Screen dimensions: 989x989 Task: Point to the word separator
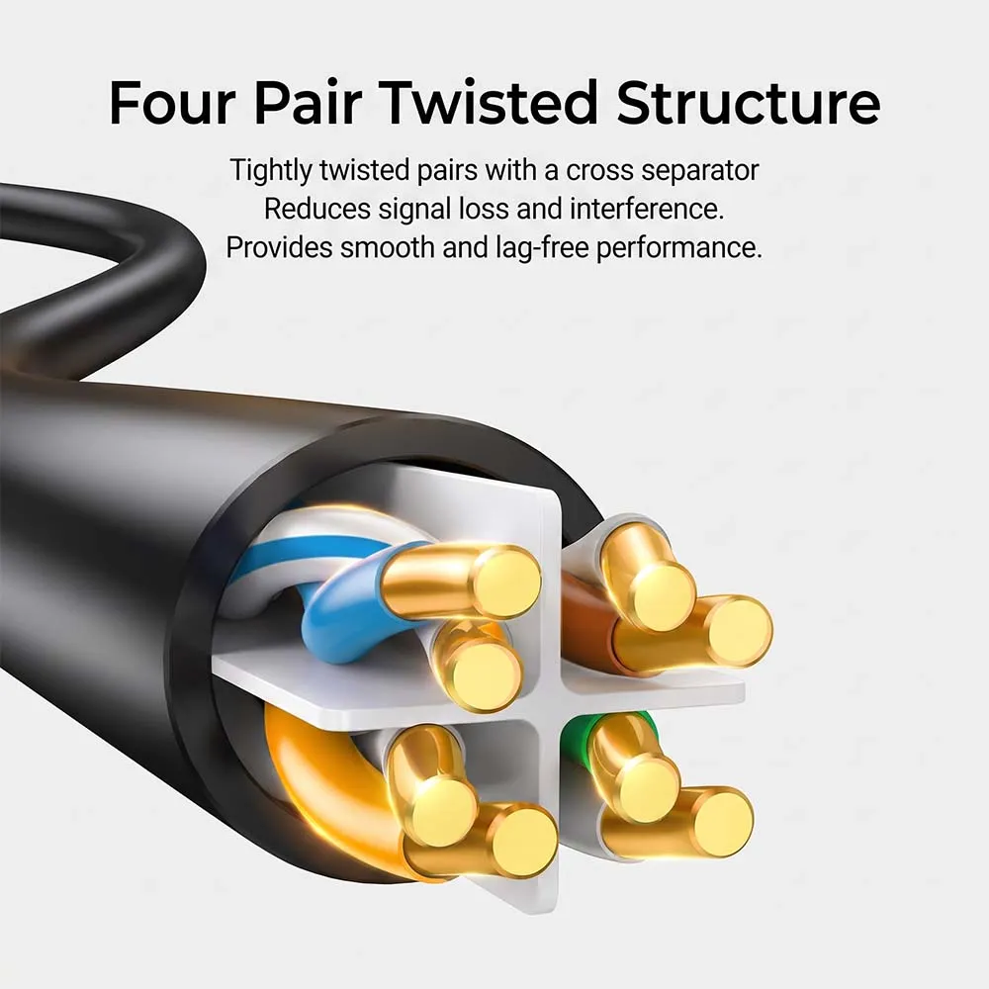pos(699,171)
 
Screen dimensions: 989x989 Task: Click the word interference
pos(647,209)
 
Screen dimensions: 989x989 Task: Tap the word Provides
pos(280,248)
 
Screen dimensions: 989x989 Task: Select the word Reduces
pos(317,209)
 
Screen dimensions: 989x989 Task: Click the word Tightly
pos(271,171)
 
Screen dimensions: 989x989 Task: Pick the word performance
pos(678,248)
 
